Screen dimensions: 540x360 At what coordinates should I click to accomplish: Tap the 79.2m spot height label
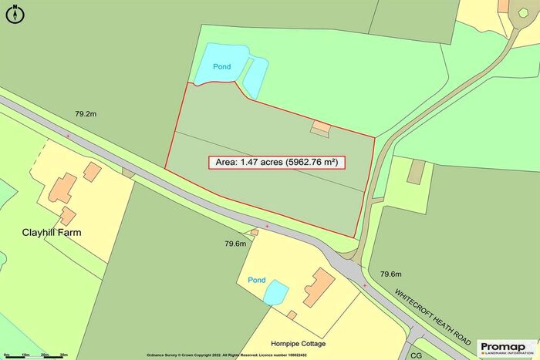86,113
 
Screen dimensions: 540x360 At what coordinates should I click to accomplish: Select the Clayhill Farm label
52,232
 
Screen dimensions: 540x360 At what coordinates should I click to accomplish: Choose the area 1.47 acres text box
276,163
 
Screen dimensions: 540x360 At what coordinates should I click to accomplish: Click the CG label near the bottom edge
417,355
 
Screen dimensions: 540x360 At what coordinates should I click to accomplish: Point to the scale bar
35,355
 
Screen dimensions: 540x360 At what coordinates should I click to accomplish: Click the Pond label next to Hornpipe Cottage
257,279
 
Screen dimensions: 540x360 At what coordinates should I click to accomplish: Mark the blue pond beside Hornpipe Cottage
275,292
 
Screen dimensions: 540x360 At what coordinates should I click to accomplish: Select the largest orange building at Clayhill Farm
63,188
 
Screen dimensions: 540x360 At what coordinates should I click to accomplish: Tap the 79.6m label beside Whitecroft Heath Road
391,274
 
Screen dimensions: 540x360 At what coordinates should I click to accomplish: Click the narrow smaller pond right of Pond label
255,74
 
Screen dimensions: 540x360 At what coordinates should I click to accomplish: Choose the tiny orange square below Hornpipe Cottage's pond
292,315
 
